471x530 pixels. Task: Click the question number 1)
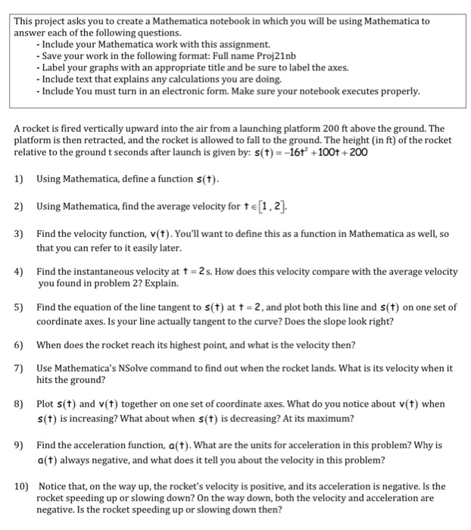(19, 179)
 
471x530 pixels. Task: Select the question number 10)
(21, 486)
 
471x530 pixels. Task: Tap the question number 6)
(19, 345)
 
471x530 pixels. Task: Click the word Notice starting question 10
(53, 486)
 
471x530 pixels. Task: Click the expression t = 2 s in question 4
(192, 271)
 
